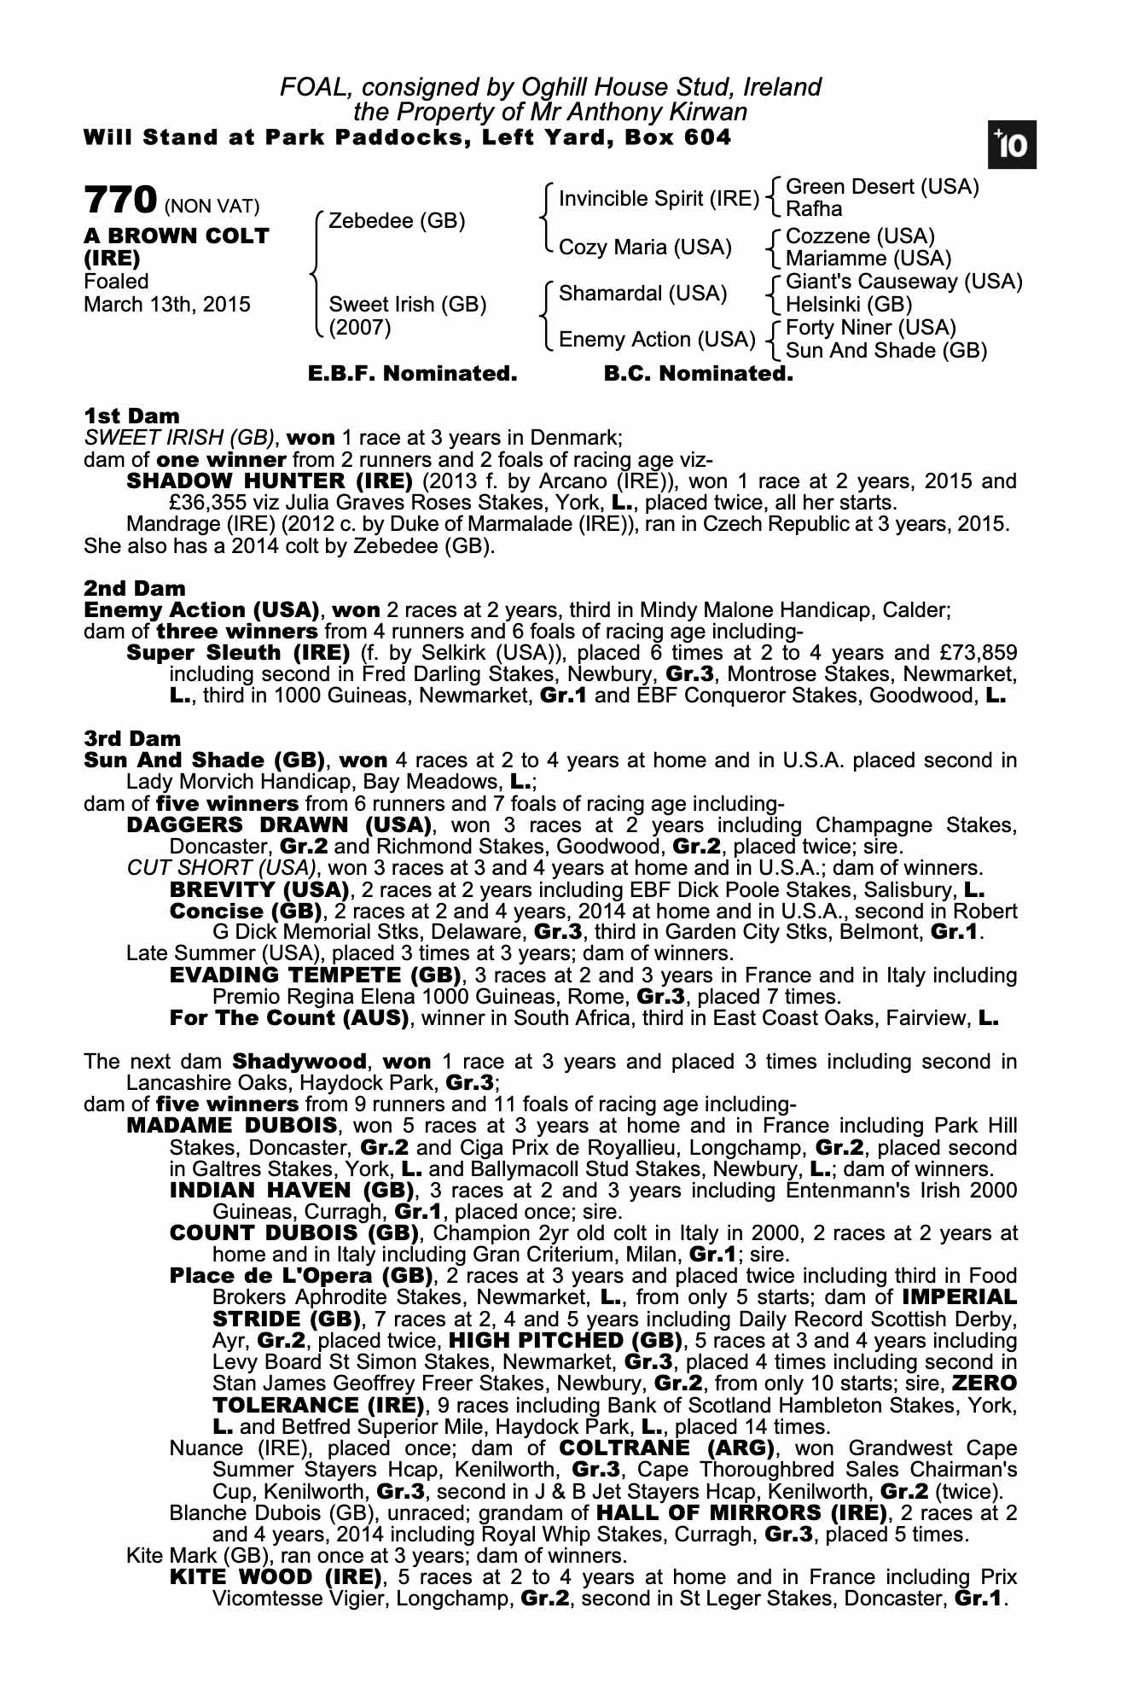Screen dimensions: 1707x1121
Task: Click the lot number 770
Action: coord(119,201)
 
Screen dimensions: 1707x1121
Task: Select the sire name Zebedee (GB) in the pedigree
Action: coord(397,221)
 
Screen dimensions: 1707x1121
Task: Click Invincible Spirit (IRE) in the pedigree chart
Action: coord(659,199)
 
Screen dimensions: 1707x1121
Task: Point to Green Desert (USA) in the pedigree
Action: coord(882,187)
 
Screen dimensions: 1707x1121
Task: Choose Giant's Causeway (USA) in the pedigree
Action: coord(903,282)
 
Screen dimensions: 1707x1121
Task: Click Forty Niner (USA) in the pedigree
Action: coord(870,328)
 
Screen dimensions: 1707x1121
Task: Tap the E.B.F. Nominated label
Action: coord(412,374)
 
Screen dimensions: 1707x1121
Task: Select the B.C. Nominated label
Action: coord(698,374)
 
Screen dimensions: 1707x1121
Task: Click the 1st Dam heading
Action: coord(132,417)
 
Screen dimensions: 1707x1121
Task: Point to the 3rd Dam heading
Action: coord(132,738)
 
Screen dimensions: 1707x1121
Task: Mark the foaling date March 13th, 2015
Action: coord(167,305)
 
